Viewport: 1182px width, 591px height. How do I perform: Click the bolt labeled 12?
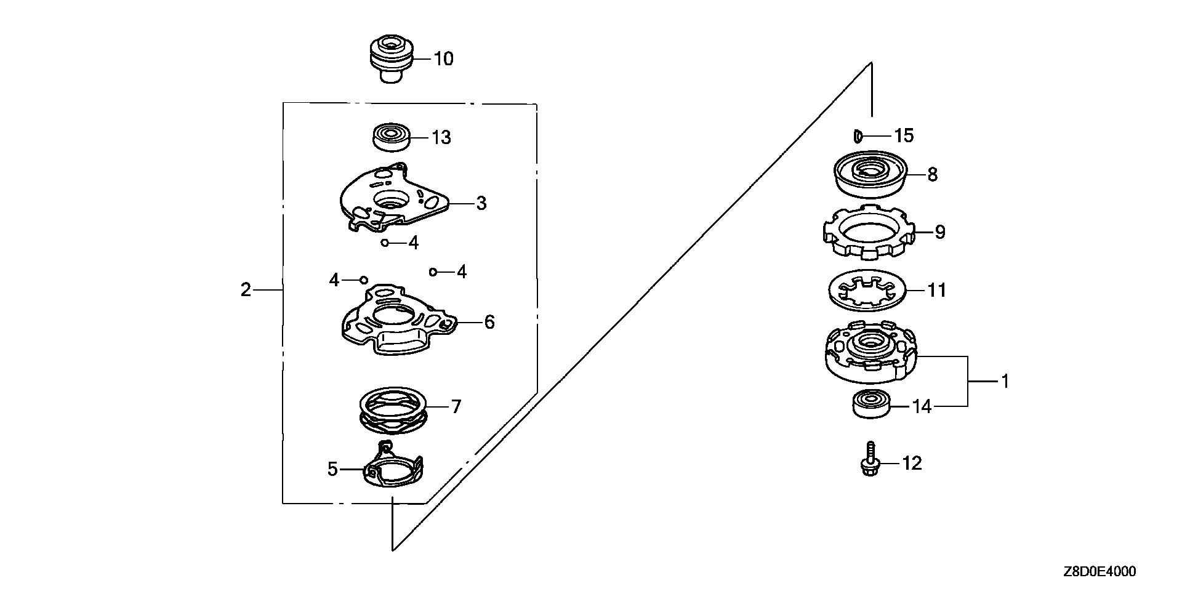870,458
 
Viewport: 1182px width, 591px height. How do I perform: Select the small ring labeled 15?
858,135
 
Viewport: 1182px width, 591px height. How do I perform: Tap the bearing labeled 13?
390,137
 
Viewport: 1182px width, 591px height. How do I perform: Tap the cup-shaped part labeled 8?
870,174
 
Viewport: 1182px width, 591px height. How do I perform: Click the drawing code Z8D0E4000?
1099,572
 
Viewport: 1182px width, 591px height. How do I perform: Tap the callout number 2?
246,289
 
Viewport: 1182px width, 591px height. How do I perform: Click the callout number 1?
1005,382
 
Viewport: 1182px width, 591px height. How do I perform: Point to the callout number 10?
443,59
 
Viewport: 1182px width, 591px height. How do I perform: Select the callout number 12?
912,463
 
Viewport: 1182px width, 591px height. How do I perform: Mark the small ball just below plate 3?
385,243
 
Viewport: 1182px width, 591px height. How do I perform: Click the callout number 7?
456,407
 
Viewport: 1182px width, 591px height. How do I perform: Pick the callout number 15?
904,135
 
